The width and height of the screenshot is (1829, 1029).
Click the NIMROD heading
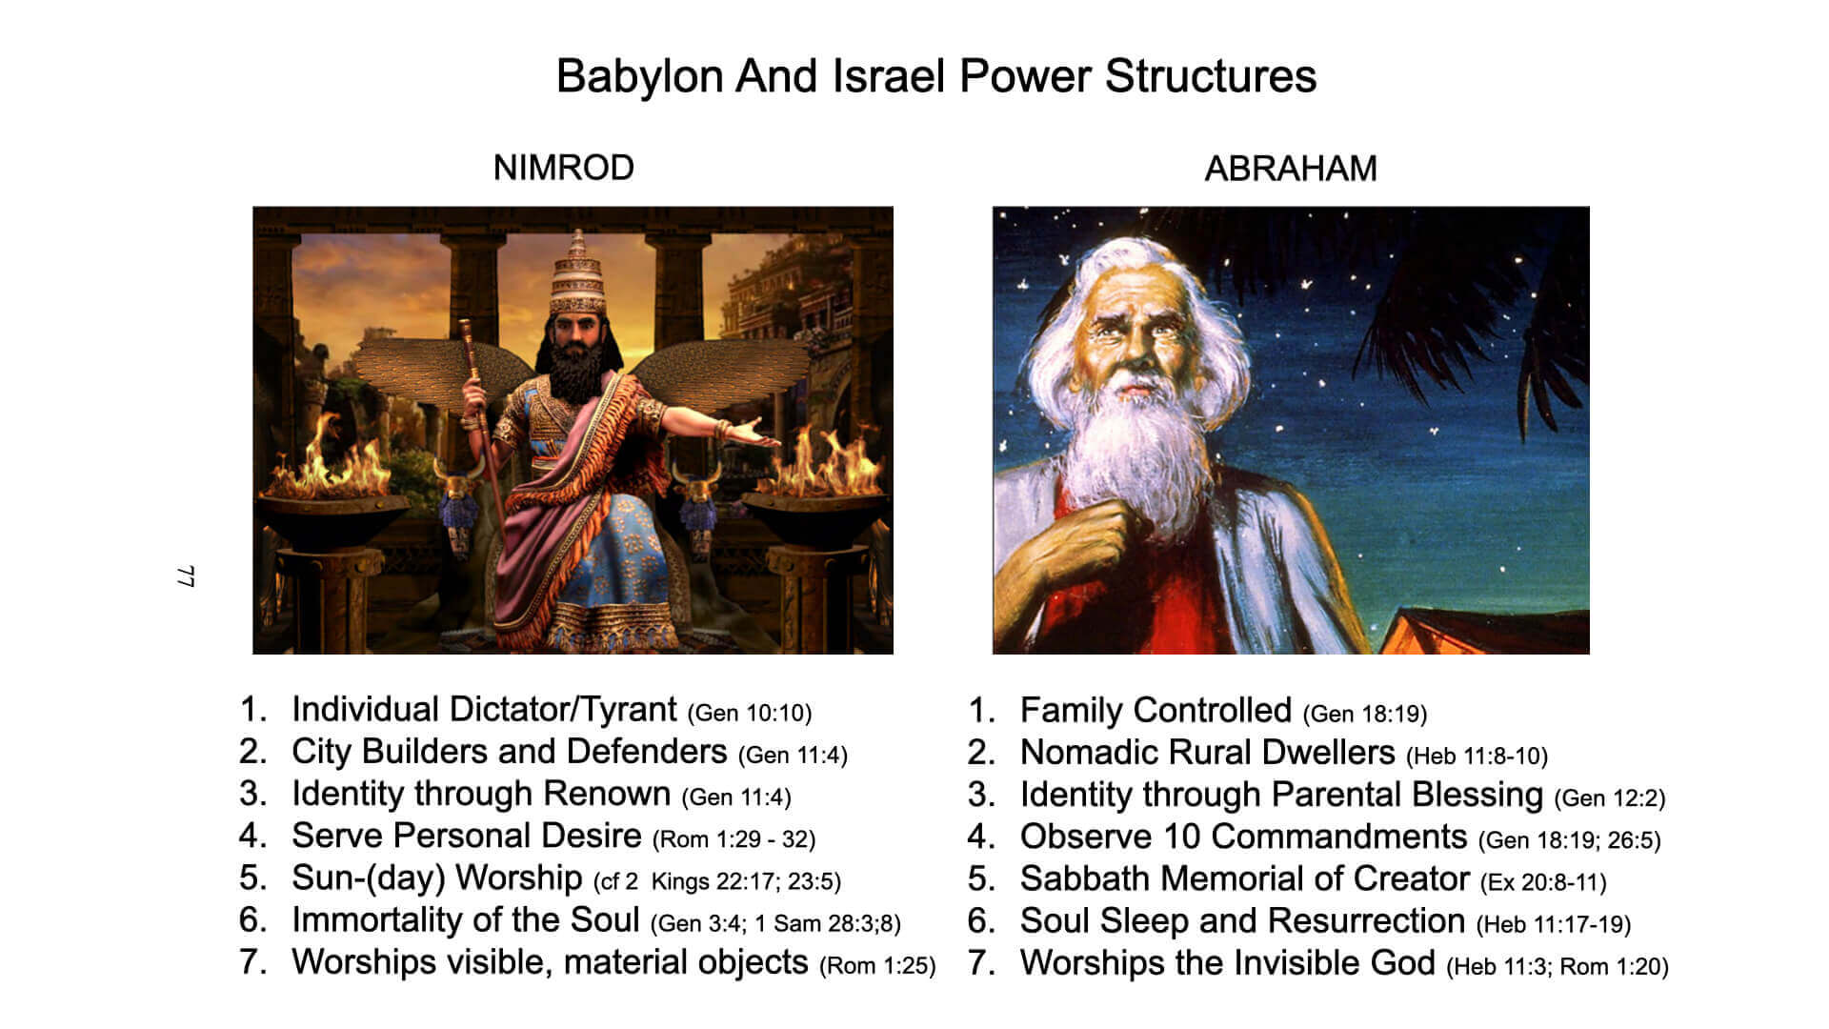(563, 168)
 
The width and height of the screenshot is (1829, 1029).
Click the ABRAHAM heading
(1291, 169)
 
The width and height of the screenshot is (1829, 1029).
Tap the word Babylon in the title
(639, 76)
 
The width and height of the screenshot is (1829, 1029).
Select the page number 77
(187, 576)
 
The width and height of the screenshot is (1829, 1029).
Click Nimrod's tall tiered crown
(576, 272)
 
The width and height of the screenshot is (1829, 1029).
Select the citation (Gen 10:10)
(750, 713)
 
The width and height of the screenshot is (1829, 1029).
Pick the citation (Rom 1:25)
(877, 965)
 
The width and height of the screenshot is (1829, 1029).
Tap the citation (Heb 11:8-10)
(1477, 756)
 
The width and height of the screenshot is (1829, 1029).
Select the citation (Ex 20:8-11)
(1543, 882)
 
